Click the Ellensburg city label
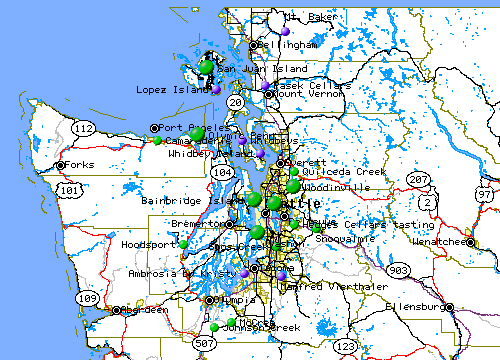click(413, 306)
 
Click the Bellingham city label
click(289, 45)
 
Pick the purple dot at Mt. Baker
click(285, 31)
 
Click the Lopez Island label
click(171, 90)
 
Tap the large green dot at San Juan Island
click(207, 67)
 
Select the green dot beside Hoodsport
click(184, 244)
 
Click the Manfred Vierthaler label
click(320, 286)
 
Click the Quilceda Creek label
click(330, 171)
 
